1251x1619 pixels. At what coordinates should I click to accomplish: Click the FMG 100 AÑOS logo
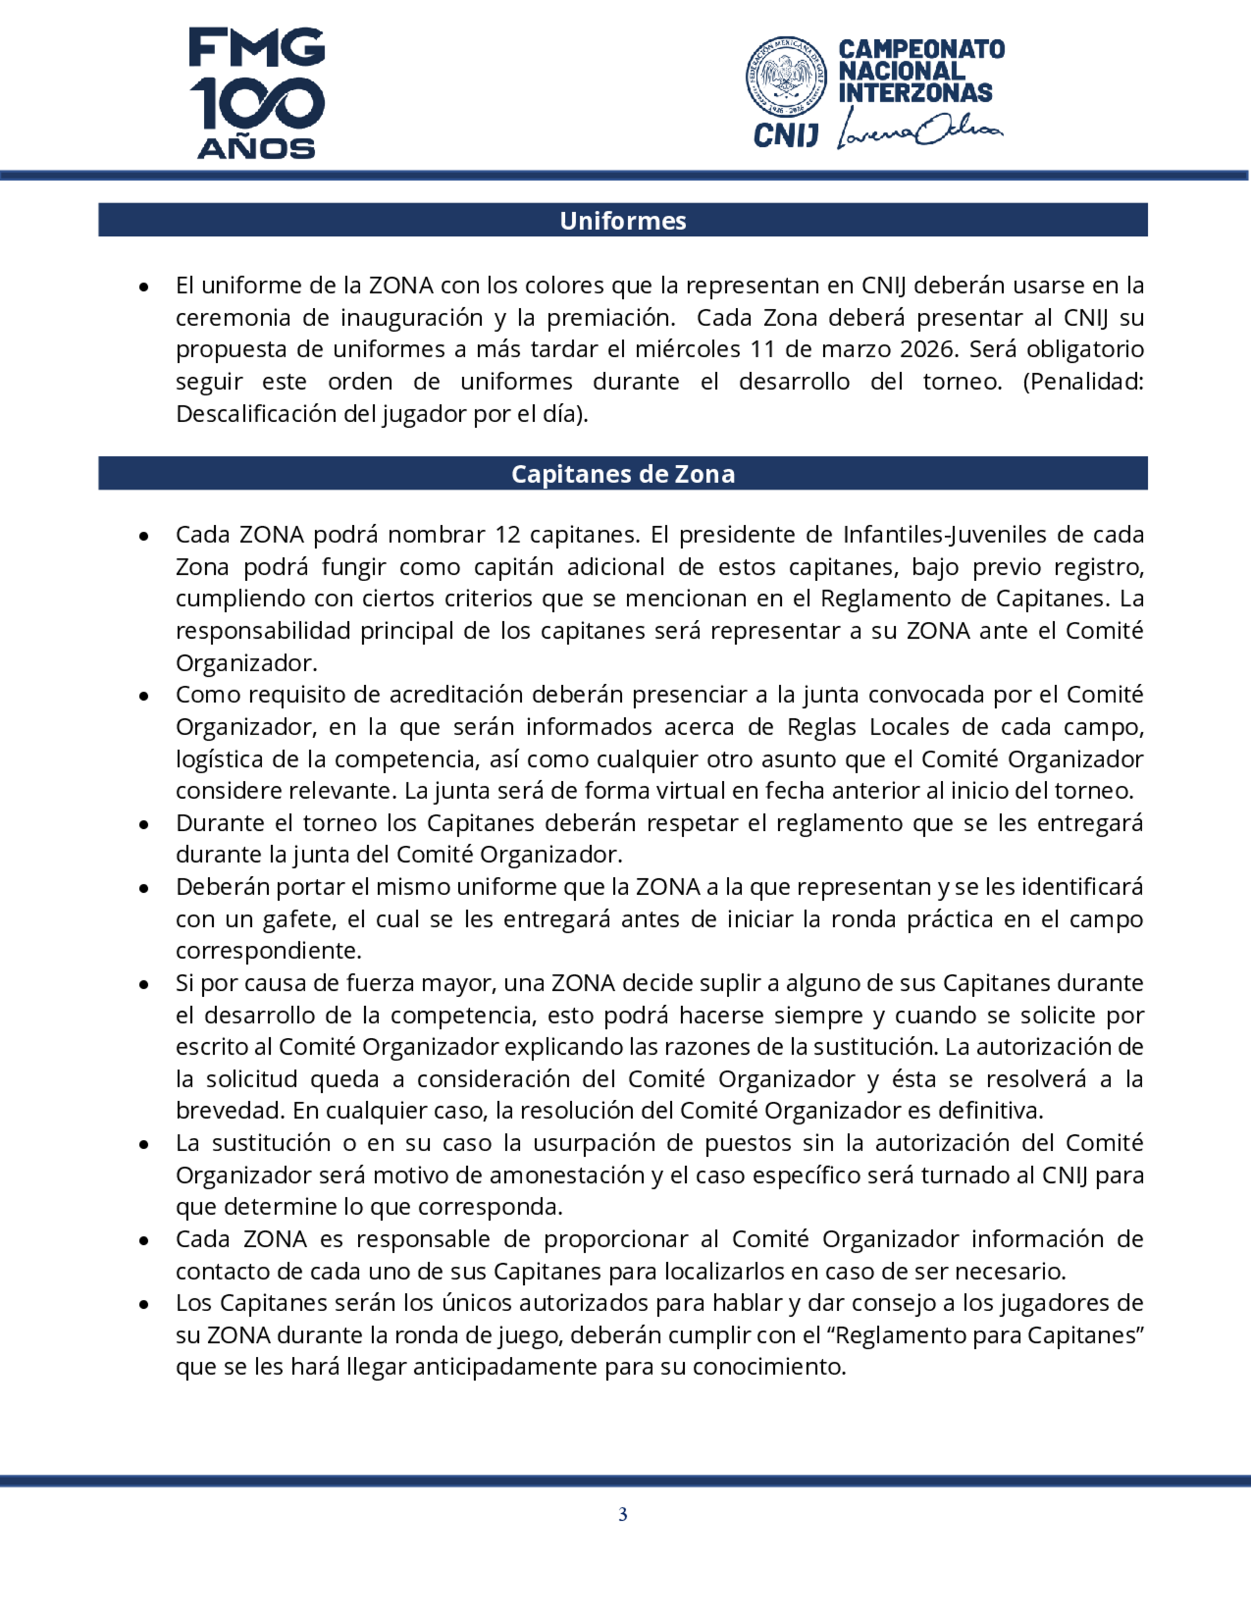(x=256, y=93)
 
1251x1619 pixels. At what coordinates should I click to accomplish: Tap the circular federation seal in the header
(x=786, y=77)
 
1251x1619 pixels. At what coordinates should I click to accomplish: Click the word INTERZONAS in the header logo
(x=914, y=93)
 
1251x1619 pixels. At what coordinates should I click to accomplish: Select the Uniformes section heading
(x=622, y=220)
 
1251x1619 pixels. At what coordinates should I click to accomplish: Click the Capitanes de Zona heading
(x=622, y=474)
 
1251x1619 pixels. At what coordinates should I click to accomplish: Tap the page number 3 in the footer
(x=622, y=1515)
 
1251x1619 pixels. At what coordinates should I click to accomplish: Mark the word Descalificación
(x=257, y=414)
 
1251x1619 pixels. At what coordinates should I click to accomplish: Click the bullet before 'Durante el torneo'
(x=144, y=825)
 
